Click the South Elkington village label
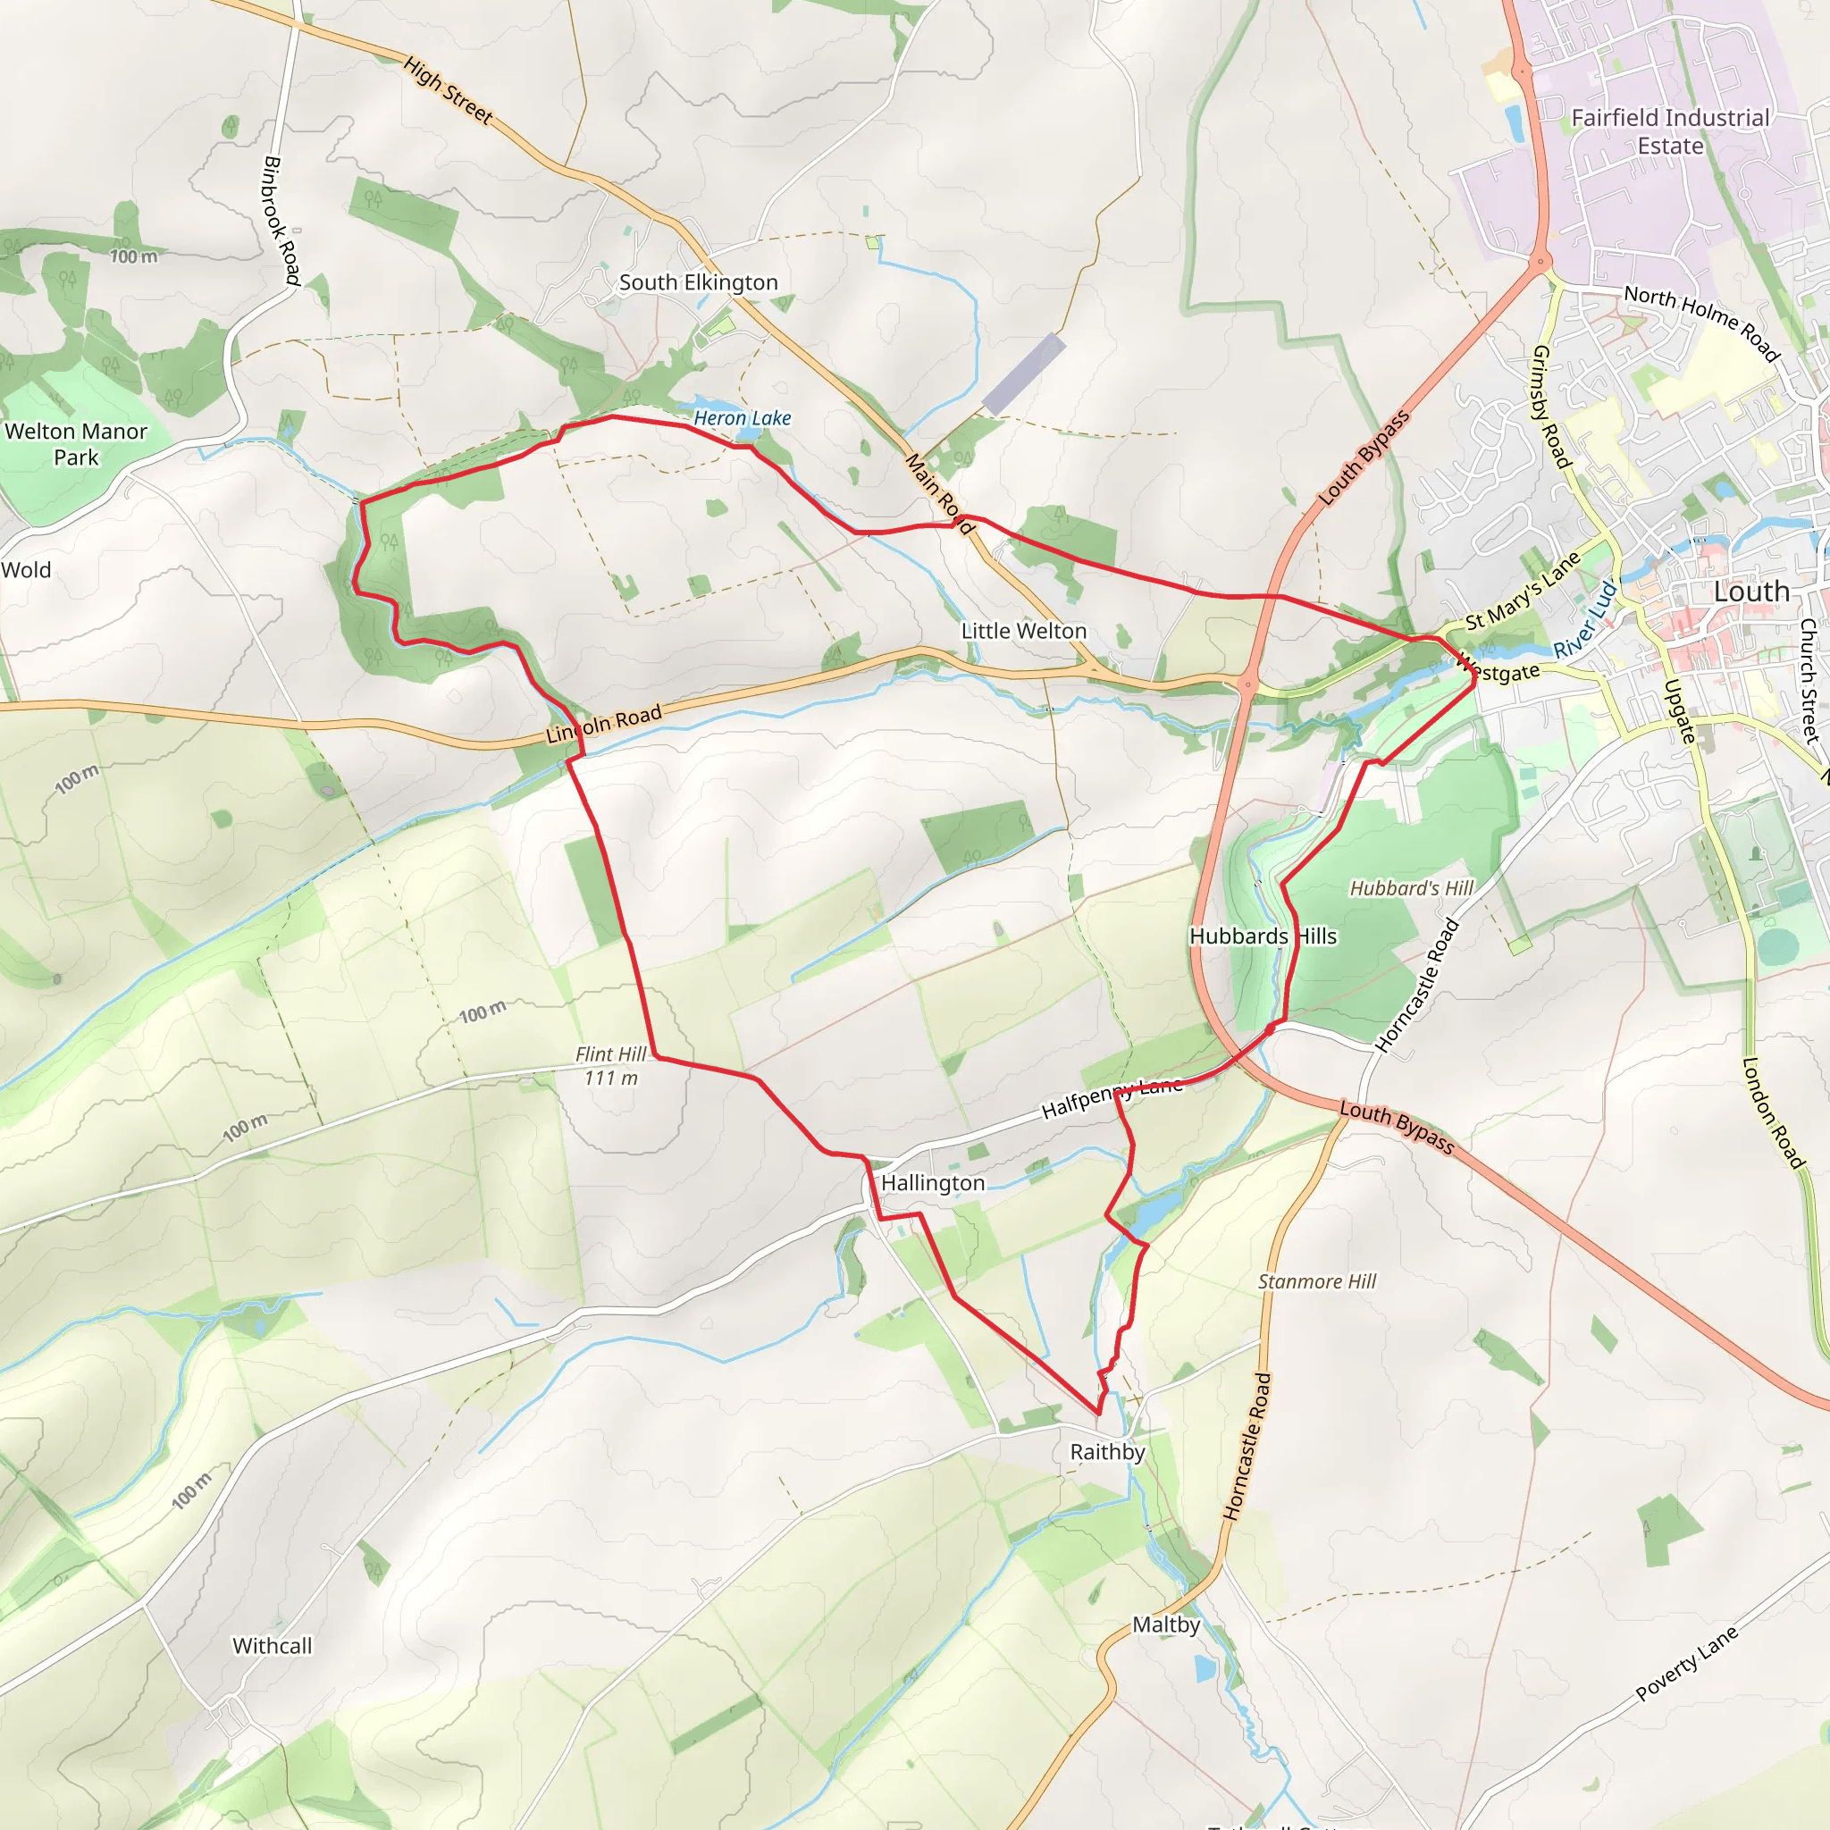698,282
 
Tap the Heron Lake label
742,417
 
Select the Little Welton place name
1024,631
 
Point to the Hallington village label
933,1183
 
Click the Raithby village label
1107,1452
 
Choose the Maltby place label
1166,1624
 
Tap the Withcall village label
272,1646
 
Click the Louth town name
1751,592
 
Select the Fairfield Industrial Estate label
1670,131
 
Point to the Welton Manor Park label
76,444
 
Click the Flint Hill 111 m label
611,1066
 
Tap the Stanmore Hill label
1316,1281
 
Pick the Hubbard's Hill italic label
1411,888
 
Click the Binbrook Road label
281,221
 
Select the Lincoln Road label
603,724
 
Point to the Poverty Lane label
1687,1663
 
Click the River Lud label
1586,620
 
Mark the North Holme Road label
1702,323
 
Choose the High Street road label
447,91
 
